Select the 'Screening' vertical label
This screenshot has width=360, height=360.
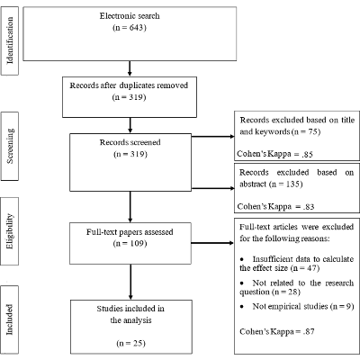pos(12,145)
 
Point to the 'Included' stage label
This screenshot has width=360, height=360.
pos(12,319)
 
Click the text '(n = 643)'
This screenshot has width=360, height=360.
pos(130,28)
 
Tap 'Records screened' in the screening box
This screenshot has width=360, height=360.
pos(130,142)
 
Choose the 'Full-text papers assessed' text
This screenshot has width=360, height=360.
pos(130,230)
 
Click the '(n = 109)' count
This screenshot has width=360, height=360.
pos(130,242)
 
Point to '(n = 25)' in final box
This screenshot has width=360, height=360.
pos(130,342)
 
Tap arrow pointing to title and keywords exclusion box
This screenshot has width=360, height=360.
pos(211,138)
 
